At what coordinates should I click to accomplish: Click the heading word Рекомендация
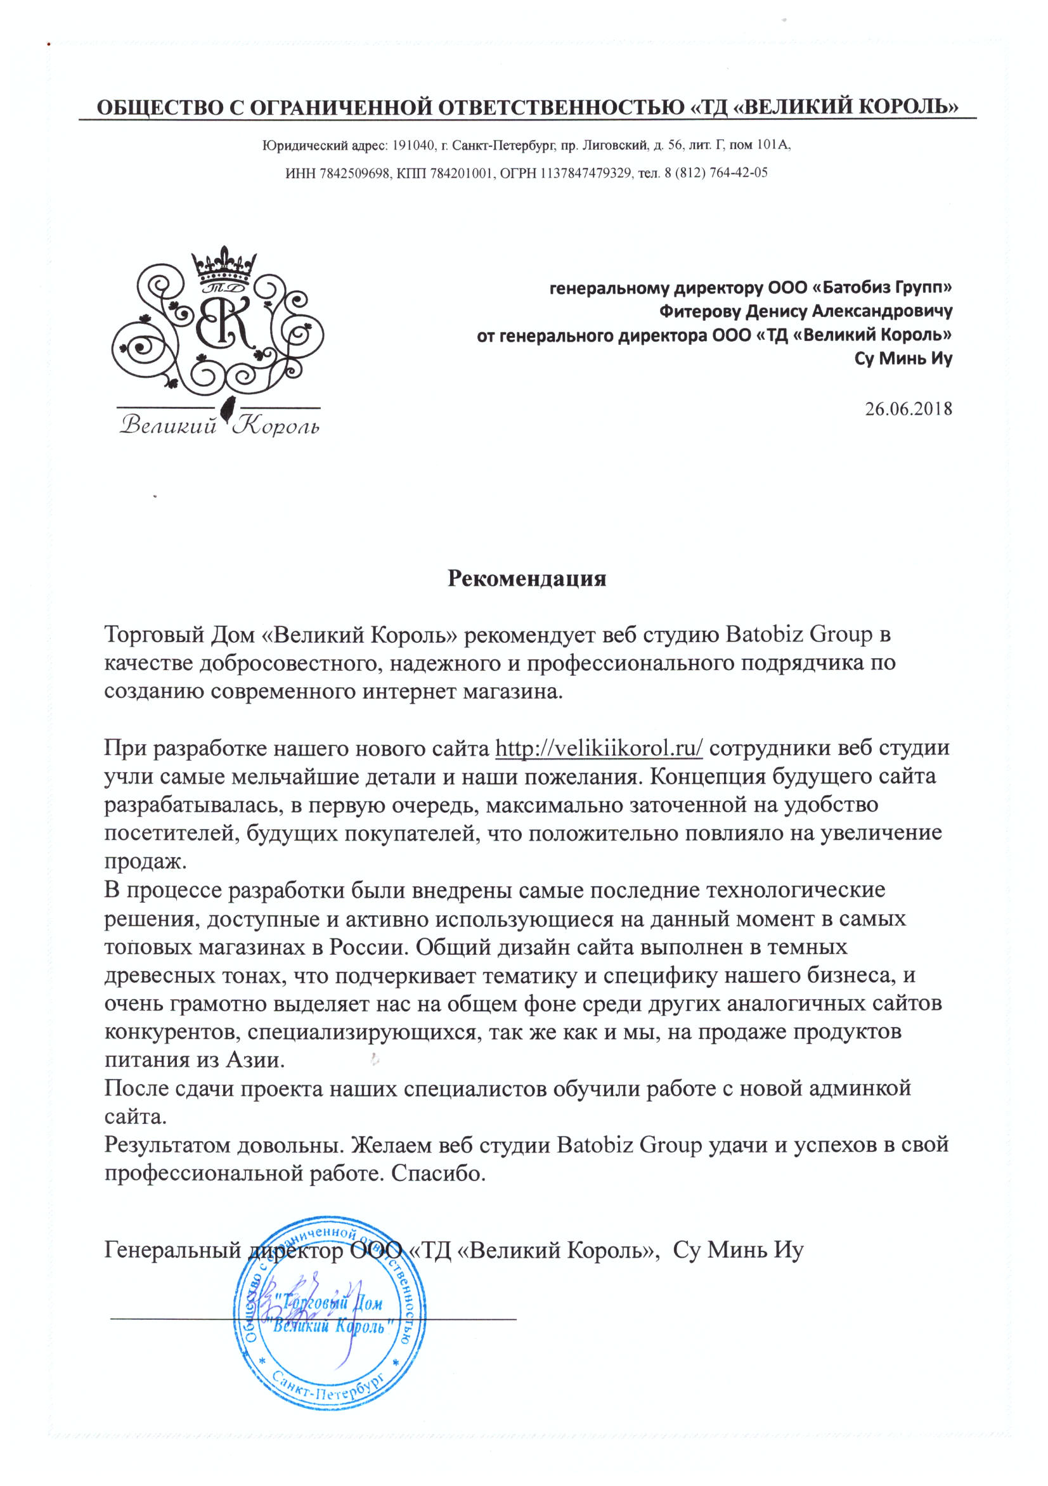pos(526,578)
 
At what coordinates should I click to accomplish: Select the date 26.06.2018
pos(908,409)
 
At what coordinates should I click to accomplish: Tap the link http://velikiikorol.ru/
pos(598,748)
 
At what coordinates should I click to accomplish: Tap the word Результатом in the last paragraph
pos(168,1145)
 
